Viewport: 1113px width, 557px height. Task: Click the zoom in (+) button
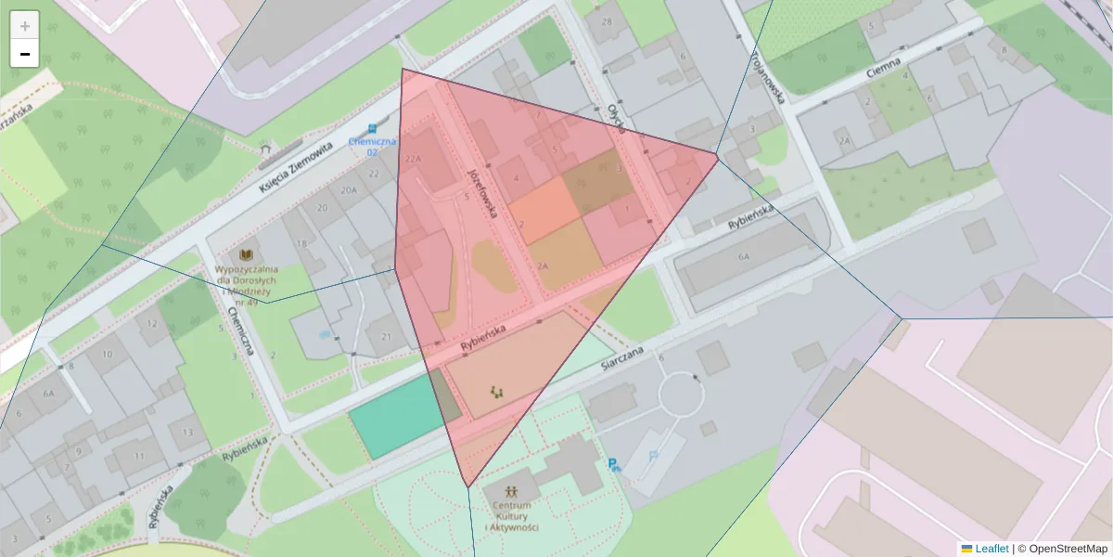tap(24, 26)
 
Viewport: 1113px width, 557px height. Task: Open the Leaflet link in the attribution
tap(991, 549)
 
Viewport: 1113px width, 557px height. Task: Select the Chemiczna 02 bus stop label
tap(372, 146)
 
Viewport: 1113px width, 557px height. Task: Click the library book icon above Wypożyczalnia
tap(246, 254)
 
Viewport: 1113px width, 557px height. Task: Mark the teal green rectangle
tap(394, 417)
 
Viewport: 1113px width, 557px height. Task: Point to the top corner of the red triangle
tap(403, 70)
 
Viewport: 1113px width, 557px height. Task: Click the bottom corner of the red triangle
tap(467, 486)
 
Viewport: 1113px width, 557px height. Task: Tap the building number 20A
tap(348, 190)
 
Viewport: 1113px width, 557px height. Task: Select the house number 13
tap(188, 432)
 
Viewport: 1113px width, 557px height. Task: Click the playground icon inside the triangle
tap(497, 392)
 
